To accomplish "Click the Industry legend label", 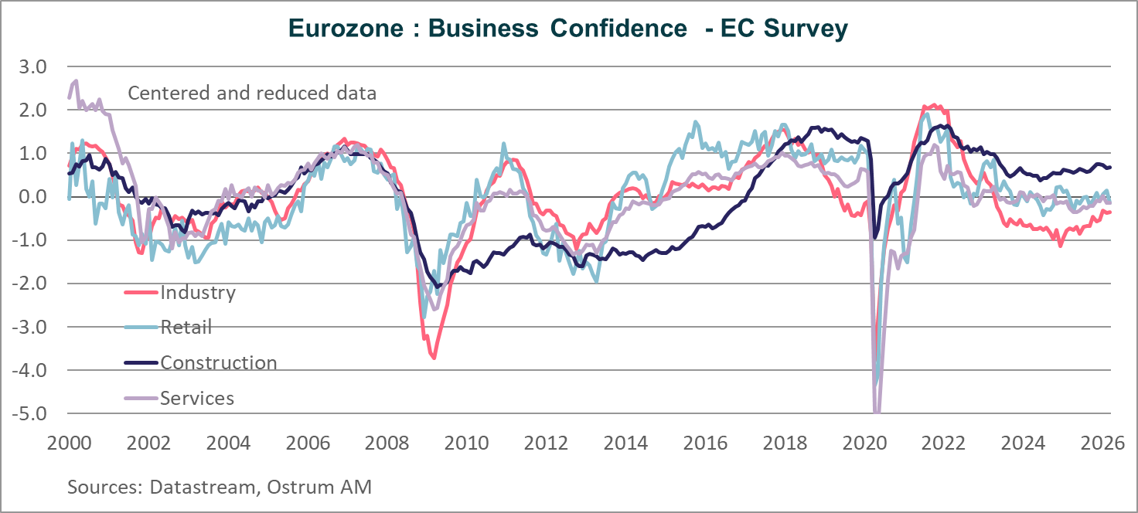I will pos(197,292).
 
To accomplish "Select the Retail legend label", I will pos(186,328).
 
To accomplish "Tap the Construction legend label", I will pos(218,363).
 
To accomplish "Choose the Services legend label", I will pos(196,399).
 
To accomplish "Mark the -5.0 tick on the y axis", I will pos(29,413).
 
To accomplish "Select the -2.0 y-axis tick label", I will pos(29,284).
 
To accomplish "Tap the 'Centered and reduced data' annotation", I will pos(252,93).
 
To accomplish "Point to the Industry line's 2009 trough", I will pos(434,358).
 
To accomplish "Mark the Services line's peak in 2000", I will pos(75,81).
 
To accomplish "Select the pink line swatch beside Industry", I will pos(141,292).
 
